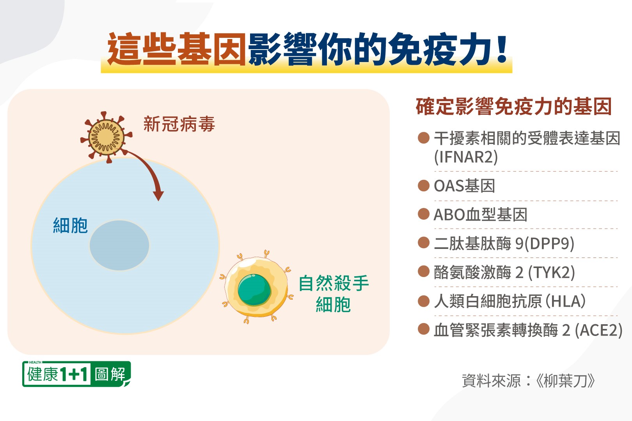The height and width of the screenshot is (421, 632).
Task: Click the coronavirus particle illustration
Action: [107, 137]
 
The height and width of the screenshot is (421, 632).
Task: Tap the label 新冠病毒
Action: [179, 124]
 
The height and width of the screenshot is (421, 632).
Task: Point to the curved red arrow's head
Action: [158, 195]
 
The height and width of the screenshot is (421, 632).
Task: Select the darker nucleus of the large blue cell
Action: [119, 245]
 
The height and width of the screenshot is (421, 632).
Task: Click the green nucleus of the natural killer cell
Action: [254, 290]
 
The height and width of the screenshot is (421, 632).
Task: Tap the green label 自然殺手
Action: [334, 283]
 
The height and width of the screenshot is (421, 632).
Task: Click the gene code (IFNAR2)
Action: [466, 157]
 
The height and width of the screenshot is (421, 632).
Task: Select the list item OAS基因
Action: [464, 186]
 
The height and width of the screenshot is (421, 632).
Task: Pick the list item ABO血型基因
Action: [481, 215]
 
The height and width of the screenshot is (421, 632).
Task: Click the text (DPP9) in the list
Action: [549, 243]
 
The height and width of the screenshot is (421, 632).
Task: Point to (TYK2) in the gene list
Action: [551, 273]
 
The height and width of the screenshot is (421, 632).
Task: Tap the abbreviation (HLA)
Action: [565, 301]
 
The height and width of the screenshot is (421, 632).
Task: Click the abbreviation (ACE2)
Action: [598, 330]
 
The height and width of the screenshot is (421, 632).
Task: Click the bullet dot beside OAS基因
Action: [424, 186]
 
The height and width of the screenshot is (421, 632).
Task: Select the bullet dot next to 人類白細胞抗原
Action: [424, 301]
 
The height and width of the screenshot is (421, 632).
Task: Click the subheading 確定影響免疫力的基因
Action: [514, 107]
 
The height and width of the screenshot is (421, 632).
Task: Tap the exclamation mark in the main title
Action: [502, 49]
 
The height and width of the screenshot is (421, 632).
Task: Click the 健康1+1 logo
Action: [76, 374]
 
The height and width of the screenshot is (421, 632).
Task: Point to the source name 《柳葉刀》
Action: [565, 381]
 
